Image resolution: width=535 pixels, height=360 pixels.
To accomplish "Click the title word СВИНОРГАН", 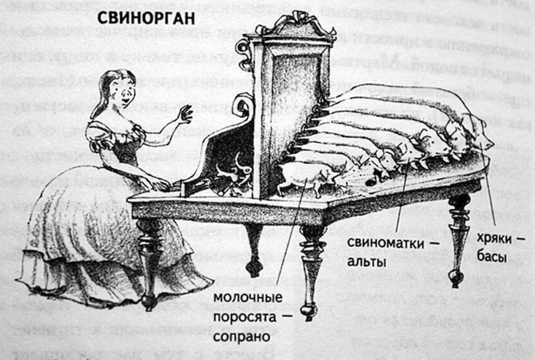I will tap(146, 18).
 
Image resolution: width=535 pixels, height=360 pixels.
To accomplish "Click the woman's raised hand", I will tap(183, 114).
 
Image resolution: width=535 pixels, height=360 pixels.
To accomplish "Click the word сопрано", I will tap(241, 336).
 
